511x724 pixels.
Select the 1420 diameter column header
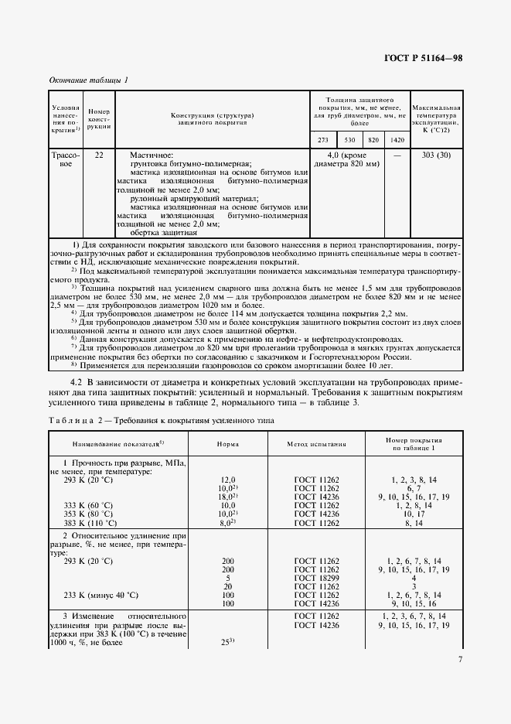pos(397,139)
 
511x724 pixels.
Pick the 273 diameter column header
pos(323,139)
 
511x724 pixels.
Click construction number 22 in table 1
pos(99,155)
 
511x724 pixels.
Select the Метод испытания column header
pos(316,446)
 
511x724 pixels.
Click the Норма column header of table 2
pos(227,446)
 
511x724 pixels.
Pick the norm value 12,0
pos(227,480)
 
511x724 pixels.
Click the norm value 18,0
pos(227,497)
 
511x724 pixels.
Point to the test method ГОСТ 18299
pos(316,577)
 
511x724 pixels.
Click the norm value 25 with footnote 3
pos(227,643)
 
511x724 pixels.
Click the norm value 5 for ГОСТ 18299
pos(227,577)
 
